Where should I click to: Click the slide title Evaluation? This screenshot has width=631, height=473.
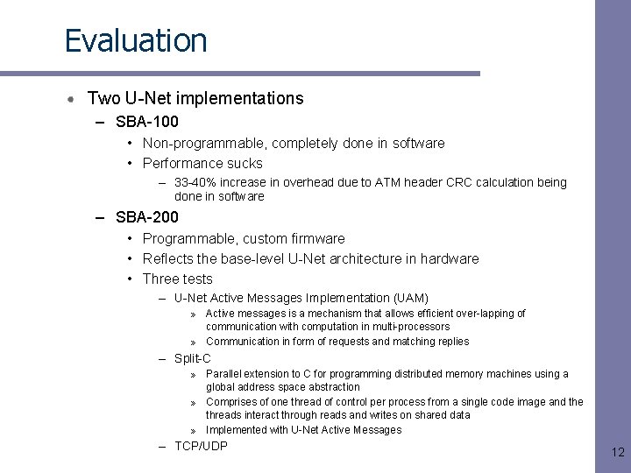pyautogui.click(x=136, y=40)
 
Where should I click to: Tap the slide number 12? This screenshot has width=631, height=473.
pyautogui.click(x=617, y=452)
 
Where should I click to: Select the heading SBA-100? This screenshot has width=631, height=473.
pyautogui.click(x=146, y=122)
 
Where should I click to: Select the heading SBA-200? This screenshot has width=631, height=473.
pyautogui.click(x=146, y=217)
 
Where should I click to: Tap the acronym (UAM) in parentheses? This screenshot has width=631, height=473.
pyautogui.click(x=411, y=299)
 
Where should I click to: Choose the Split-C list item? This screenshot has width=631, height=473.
pyautogui.click(x=193, y=358)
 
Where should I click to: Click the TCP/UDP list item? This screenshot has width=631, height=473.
pyautogui.click(x=201, y=446)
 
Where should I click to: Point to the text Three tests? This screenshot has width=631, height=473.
pyautogui.click(x=177, y=279)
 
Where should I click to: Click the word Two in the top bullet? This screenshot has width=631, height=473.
pyautogui.click(x=104, y=98)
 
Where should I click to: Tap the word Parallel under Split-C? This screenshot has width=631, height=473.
pyautogui.click(x=224, y=374)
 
